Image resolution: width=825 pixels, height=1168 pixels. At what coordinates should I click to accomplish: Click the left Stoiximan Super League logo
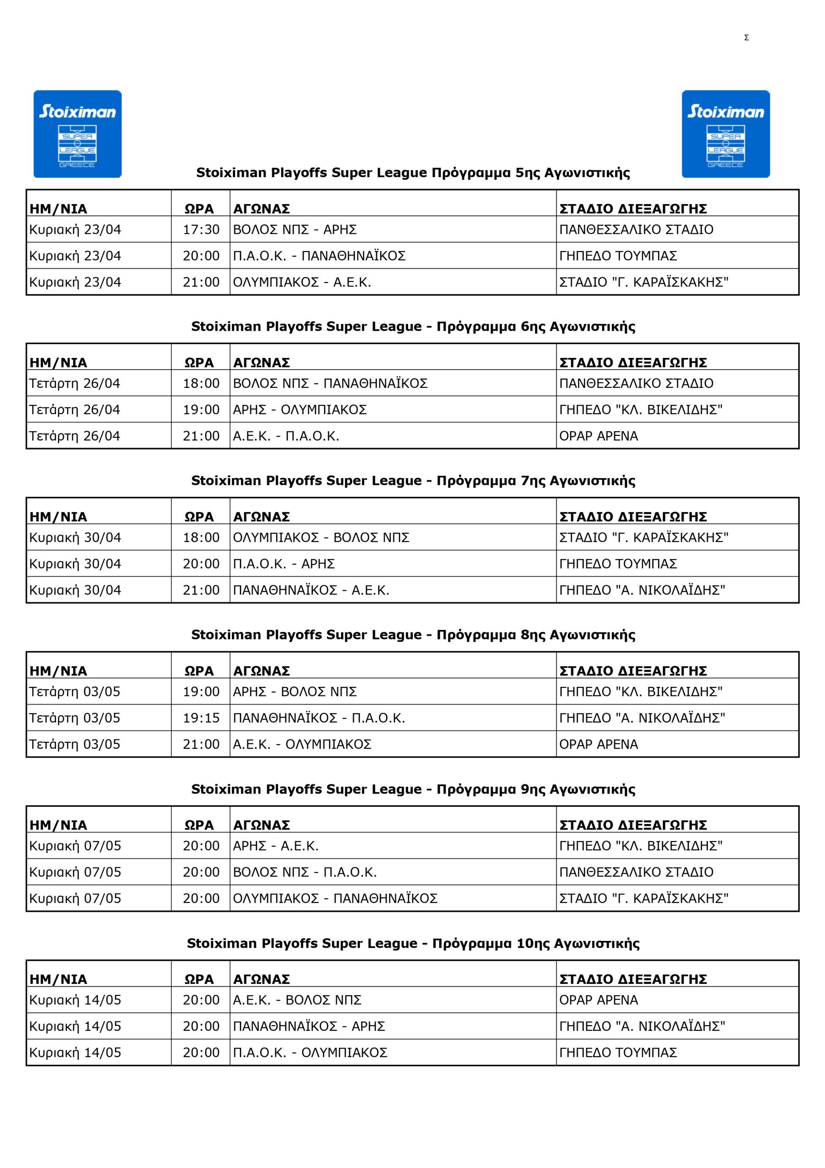tap(77, 134)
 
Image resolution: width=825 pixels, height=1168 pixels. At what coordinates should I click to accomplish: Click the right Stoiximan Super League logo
tap(726, 134)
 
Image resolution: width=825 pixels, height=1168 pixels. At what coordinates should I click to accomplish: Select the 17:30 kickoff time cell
tap(201, 230)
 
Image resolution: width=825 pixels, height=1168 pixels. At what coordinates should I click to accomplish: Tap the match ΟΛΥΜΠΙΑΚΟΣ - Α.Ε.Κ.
tap(302, 282)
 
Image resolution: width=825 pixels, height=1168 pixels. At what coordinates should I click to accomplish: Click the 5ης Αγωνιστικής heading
tap(413, 173)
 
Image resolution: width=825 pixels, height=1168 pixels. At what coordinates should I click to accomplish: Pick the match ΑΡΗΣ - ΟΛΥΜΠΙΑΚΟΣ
tap(300, 410)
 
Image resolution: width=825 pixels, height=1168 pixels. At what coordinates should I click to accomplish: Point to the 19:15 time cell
tap(201, 718)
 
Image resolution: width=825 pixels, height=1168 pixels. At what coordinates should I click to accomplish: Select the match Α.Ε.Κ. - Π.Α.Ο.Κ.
tap(286, 436)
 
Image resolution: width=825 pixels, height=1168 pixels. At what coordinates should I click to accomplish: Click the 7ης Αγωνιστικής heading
tap(413, 481)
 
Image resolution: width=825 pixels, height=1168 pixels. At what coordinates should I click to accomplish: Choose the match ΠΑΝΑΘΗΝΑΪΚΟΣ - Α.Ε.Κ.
tap(311, 590)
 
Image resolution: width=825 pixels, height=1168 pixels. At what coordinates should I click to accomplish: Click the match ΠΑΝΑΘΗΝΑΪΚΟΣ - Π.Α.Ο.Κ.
tap(319, 718)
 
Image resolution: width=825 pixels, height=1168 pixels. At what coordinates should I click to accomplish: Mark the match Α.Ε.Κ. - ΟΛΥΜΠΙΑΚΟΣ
tap(302, 744)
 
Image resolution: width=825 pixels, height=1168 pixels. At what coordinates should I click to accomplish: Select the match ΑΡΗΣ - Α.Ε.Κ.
tap(275, 845)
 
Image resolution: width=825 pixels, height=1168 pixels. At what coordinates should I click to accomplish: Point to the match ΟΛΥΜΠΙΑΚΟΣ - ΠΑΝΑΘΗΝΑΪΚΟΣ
tap(335, 898)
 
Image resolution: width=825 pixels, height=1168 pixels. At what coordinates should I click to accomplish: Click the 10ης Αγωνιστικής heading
tap(413, 944)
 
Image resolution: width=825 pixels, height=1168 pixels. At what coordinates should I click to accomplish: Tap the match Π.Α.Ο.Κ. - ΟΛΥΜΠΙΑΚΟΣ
tap(310, 1052)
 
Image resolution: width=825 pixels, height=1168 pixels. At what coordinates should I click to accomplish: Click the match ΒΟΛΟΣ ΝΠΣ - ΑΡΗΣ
tap(295, 230)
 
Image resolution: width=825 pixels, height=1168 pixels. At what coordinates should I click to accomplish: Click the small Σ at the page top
tap(746, 38)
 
